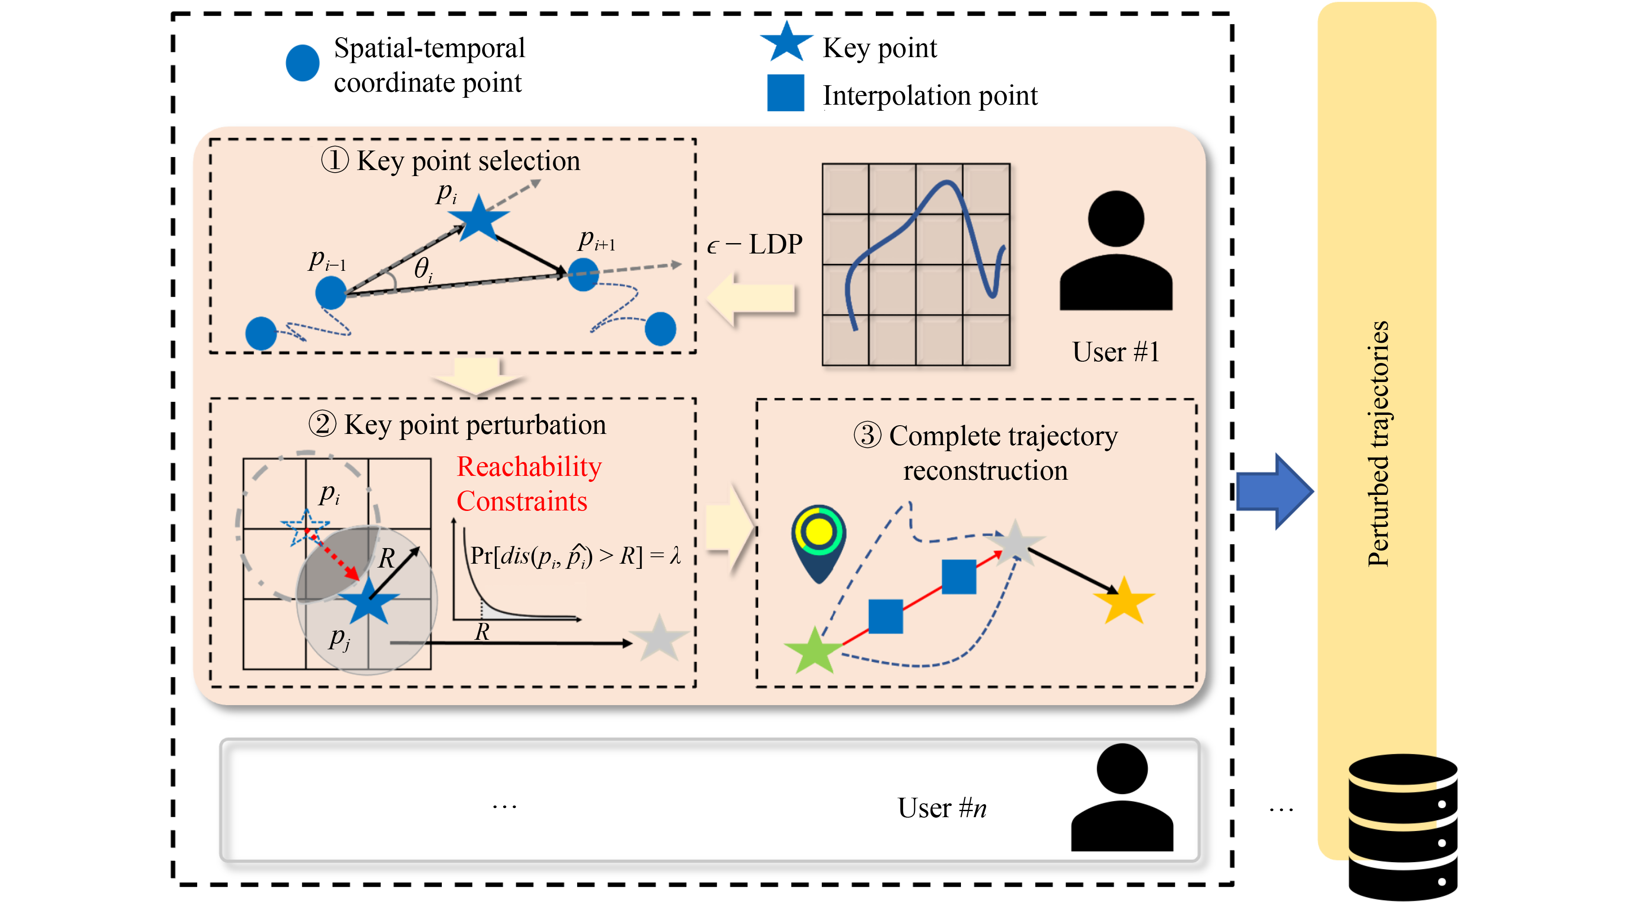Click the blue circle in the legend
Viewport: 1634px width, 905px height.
click(x=302, y=63)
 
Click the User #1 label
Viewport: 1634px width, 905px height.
click(x=1115, y=352)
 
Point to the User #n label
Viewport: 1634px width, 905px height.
click(x=941, y=808)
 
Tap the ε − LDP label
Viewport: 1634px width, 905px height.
click(x=754, y=245)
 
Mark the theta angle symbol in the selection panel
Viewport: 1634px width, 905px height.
click(x=422, y=269)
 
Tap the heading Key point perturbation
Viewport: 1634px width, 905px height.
click(x=457, y=424)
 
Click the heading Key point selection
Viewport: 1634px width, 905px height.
click(x=451, y=160)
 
